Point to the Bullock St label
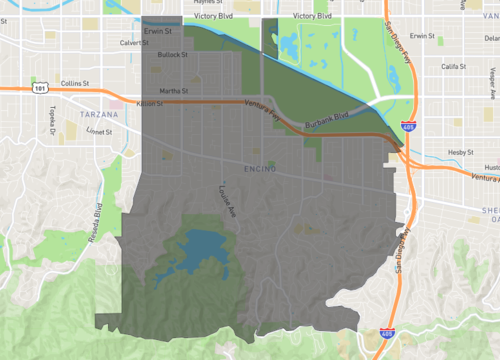tap(173, 54)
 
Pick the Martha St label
tap(173, 91)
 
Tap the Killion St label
tap(149, 103)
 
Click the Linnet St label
tap(102, 130)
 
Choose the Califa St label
tap(455, 66)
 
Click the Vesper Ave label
tap(491, 77)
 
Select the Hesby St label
tap(459, 153)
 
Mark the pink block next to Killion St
tap(118, 103)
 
